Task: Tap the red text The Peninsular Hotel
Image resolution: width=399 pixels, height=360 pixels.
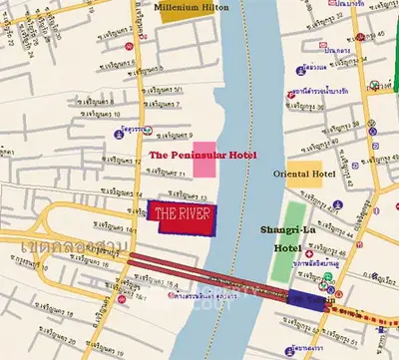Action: [202, 156]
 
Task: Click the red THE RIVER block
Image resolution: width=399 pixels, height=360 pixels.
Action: [183, 216]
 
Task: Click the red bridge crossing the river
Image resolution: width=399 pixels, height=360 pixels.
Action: [219, 277]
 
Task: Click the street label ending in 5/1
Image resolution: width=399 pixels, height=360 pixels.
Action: [165, 90]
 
